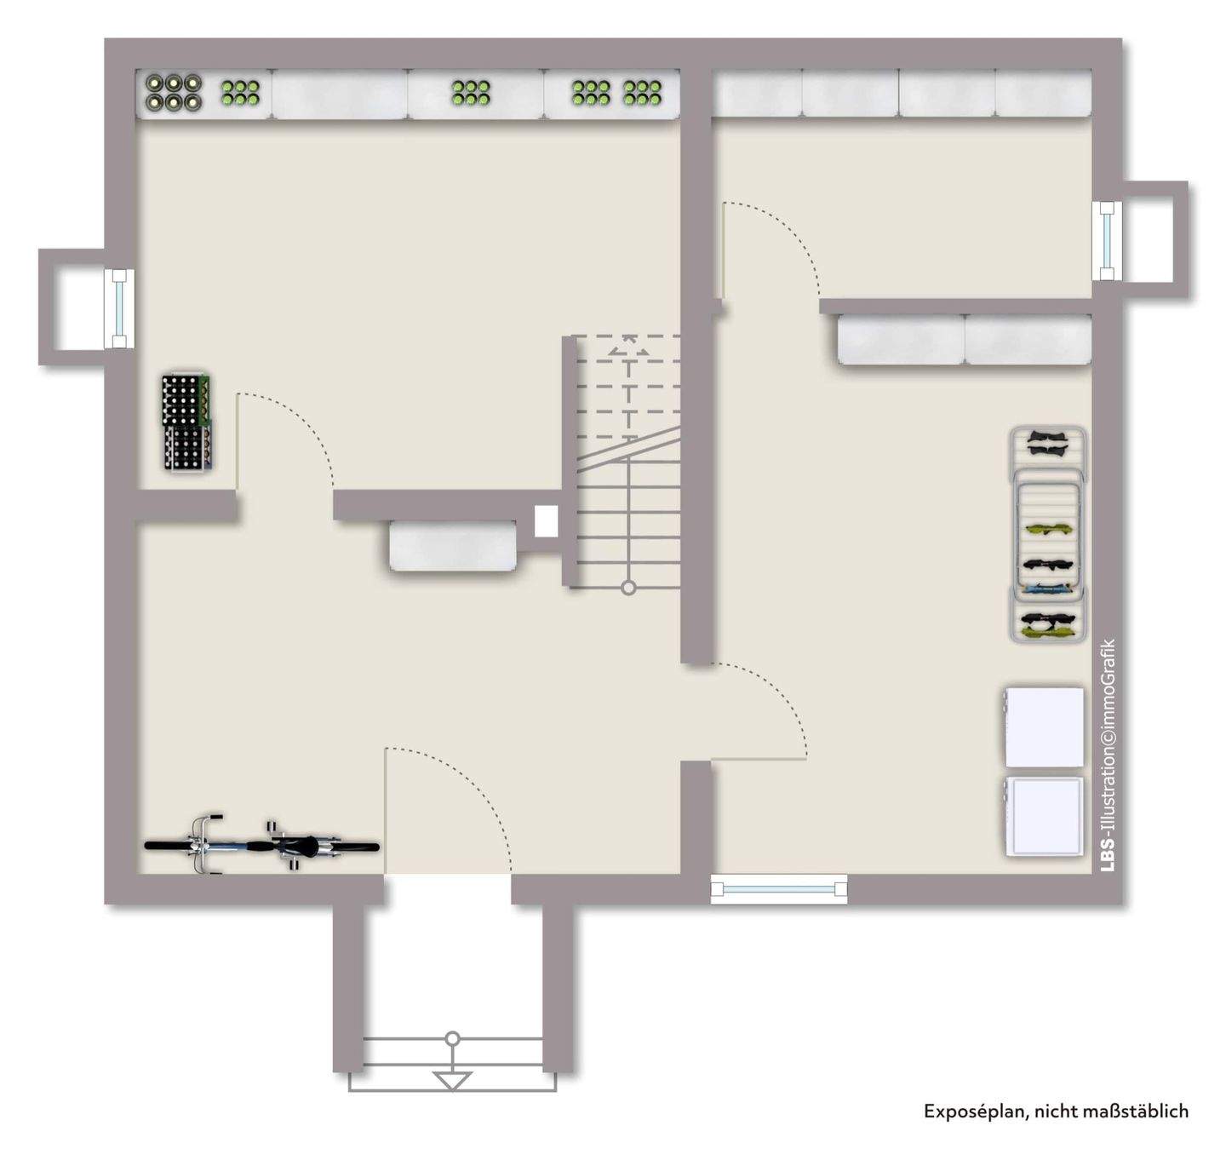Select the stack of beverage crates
pyautogui.click(x=186, y=422)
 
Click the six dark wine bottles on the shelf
pyautogui.click(x=173, y=92)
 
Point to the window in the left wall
pyautogui.click(x=119, y=307)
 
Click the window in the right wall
pyautogui.click(x=1106, y=241)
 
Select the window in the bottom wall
pyautogui.click(x=779, y=889)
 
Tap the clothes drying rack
pyautogui.click(x=1047, y=534)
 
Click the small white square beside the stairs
pyautogui.click(x=546, y=521)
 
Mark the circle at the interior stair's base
pyautogui.click(x=628, y=588)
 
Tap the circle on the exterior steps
pyautogui.click(x=453, y=1038)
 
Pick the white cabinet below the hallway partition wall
pyautogui.click(x=453, y=546)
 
